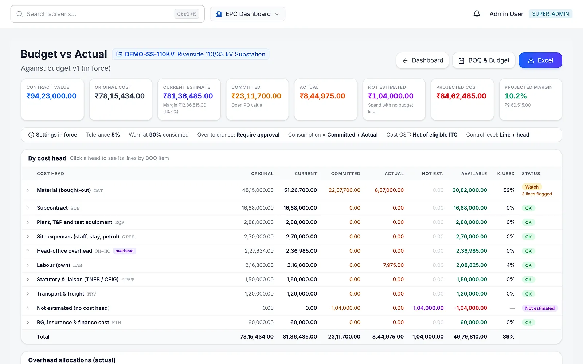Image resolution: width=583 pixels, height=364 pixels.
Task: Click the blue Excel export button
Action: click(x=540, y=60)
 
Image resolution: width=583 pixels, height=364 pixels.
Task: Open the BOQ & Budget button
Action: click(x=484, y=60)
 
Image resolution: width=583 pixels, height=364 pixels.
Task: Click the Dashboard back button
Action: click(x=422, y=60)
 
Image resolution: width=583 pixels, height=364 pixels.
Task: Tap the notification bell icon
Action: click(x=477, y=14)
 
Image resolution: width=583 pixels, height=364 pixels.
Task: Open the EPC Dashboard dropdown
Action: click(x=247, y=14)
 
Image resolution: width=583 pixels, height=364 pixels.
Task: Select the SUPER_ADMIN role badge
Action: click(x=551, y=14)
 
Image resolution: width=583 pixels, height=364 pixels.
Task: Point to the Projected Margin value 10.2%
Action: click(x=516, y=96)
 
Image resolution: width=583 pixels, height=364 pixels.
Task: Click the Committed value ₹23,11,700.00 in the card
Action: click(x=257, y=96)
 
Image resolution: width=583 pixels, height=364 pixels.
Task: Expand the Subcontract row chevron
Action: click(x=28, y=208)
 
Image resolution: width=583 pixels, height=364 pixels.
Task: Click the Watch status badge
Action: click(x=532, y=187)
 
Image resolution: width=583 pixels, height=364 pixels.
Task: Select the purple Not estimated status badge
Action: click(x=540, y=308)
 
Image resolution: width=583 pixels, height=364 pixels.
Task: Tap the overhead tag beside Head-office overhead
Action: click(x=124, y=251)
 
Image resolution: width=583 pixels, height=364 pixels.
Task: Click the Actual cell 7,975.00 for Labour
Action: click(x=393, y=265)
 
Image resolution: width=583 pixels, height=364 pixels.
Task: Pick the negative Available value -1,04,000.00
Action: click(x=470, y=308)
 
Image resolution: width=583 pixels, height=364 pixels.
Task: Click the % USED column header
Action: click(x=505, y=173)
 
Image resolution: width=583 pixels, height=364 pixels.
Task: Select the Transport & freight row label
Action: click(x=60, y=294)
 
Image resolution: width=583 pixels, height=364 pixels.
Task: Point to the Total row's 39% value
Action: click(x=509, y=337)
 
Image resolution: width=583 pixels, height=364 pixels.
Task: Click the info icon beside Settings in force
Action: click(x=31, y=135)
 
